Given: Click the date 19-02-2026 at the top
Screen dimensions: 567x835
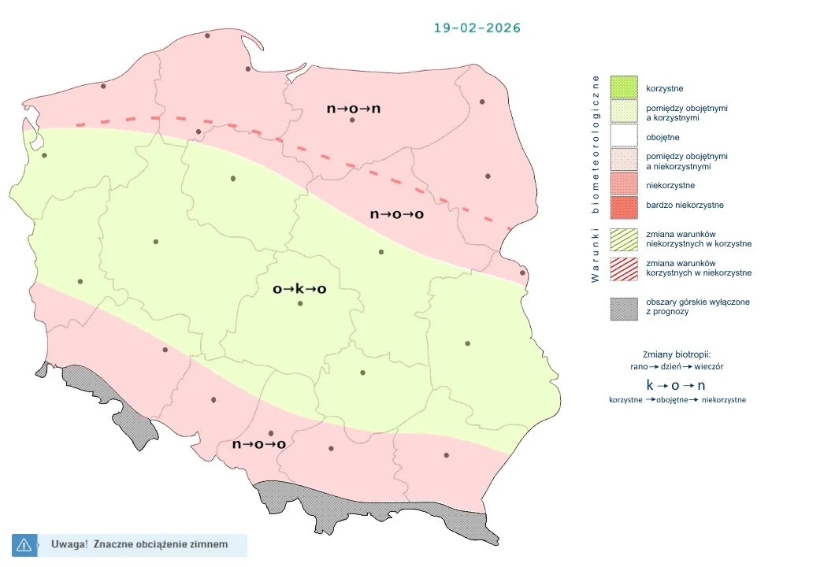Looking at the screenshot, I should tap(477, 28).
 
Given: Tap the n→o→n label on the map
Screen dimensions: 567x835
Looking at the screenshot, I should tap(353, 108).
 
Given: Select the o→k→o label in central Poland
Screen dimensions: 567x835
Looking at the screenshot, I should tap(299, 289).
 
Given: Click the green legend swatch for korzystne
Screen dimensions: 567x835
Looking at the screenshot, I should tap(623, 87).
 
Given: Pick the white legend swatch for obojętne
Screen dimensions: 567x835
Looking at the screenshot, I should tap(623, 137).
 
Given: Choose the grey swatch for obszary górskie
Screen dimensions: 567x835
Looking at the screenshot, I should tap(623, 308).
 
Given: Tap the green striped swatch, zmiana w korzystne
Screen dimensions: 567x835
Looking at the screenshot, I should tap(623, 239).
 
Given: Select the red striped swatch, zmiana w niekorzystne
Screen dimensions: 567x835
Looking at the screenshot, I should tap(623, 268).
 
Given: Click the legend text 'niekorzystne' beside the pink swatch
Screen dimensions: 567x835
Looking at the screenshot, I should tap(670, 186).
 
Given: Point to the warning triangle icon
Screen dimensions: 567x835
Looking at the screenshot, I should tap(24, 544).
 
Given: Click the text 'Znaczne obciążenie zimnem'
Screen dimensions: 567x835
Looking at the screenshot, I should tap(161, 544).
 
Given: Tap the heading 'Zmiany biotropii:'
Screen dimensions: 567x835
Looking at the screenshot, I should tap(677, 354).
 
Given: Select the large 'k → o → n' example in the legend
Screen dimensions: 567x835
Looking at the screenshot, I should tap(675, 385).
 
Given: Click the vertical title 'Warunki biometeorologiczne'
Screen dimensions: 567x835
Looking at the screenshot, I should tap(596, 178).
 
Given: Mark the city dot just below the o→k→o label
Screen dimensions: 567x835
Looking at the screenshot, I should tap(299, 304).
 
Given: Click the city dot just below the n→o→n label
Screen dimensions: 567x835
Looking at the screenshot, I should tap(352, 120).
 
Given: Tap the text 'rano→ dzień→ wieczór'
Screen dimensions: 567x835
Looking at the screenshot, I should tap(677, 367).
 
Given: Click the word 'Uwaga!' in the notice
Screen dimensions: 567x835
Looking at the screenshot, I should tap(69, 544).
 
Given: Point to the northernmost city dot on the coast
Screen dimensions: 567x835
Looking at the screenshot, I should tap(207, 35).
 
